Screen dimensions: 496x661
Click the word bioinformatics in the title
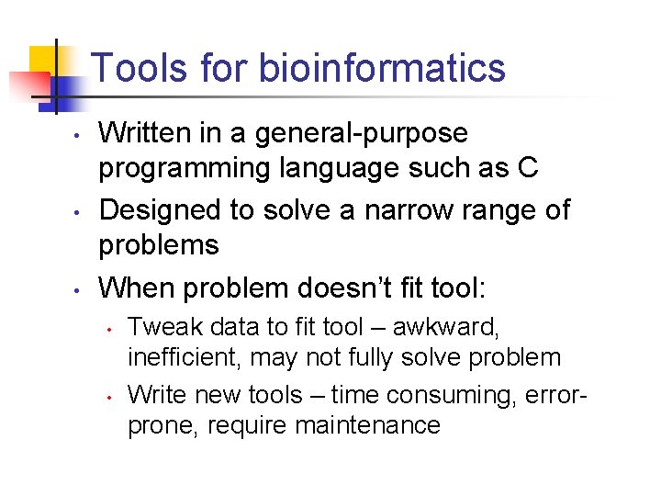pos(382,68)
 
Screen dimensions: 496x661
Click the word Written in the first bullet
pos(141,134)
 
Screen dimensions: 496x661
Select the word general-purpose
pos(362,134)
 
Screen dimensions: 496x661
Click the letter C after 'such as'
pos(528,170)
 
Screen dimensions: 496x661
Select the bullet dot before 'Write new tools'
pos(109,398)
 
